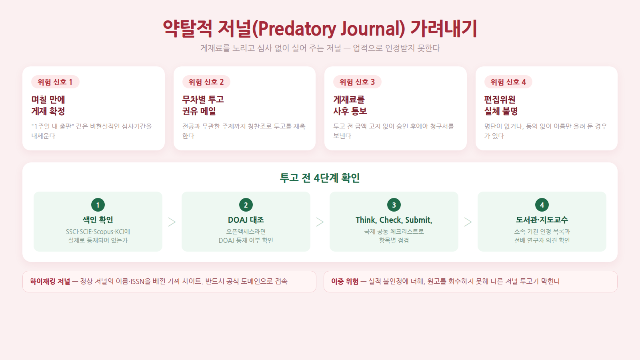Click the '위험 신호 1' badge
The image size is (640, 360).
55,82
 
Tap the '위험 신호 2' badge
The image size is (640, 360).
206,82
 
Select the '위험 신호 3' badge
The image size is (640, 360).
357,82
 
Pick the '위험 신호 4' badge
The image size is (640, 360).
508,82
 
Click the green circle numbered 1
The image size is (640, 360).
98,205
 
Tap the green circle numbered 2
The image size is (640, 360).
246,205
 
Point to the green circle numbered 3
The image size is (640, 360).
394,205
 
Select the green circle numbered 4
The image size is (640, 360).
542,205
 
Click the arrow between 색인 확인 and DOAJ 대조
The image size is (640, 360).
172,222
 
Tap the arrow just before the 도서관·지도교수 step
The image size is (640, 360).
468,222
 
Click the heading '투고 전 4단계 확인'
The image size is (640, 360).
320,178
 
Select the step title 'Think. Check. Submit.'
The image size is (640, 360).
394,220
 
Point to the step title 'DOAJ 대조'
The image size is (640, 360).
246,220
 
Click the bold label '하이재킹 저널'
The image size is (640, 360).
50,282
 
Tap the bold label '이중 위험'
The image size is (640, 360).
345,282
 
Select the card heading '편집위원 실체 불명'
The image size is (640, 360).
501,106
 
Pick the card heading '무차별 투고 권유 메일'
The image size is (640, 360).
203,106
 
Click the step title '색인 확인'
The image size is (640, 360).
98,220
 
